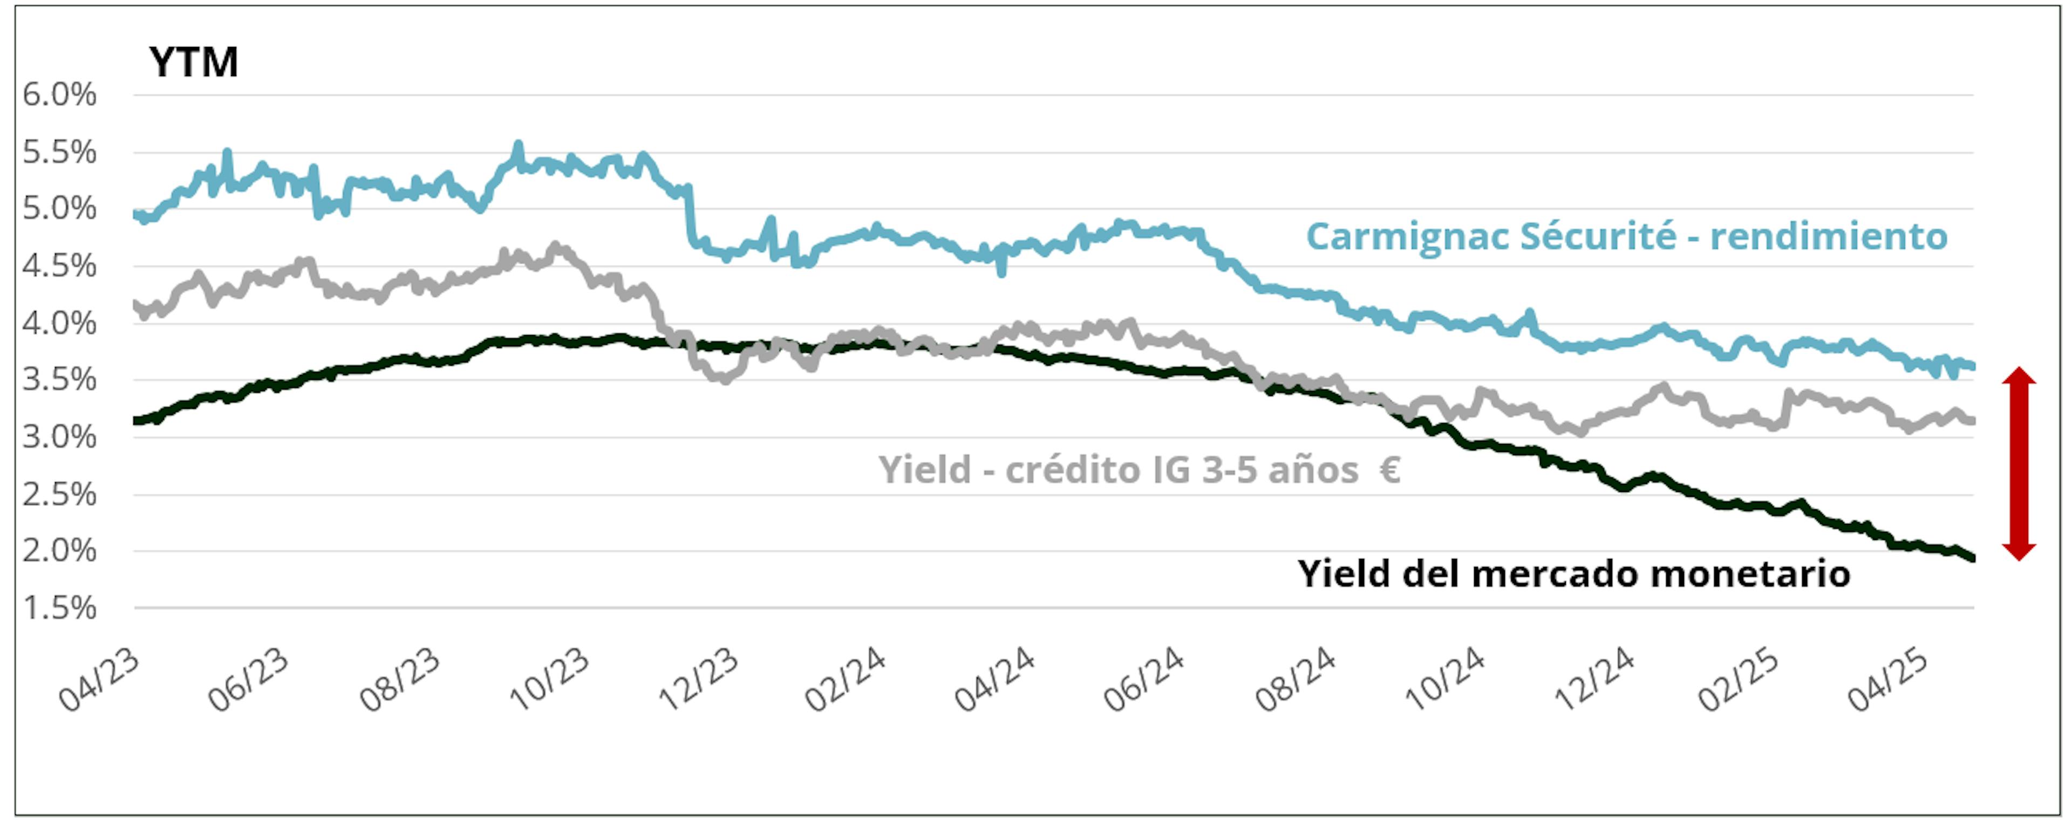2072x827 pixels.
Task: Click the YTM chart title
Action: tap(193, 63)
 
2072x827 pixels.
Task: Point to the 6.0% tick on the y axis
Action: tap(59, 95)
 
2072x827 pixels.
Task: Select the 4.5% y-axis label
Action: tap(59, 266)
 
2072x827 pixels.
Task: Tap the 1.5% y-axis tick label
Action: tap(59, 608)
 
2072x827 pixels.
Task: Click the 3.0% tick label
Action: tap(59, 438)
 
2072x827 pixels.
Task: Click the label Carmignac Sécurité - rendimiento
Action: tap(1626, 236)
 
